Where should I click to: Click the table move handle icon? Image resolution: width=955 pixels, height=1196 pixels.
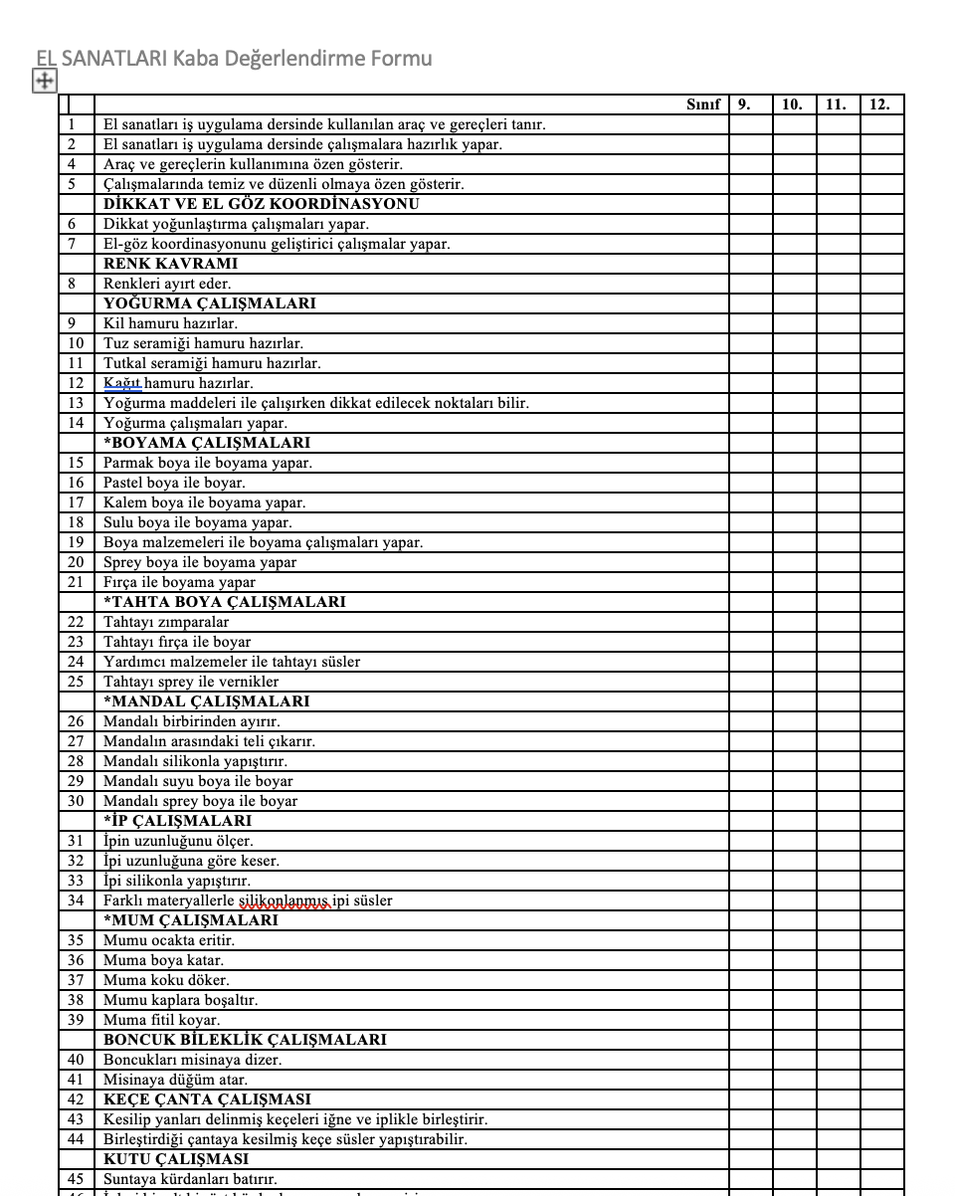coord(45,82)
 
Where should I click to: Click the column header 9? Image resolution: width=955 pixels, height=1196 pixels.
coord(744,104)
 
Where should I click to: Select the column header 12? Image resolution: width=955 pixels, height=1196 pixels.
coord(879,104)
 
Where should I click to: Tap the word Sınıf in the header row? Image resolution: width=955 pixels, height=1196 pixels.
coord(702,104)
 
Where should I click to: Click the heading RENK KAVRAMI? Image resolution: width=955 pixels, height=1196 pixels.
coord(170,264)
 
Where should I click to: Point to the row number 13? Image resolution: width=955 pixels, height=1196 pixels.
coord(76,403)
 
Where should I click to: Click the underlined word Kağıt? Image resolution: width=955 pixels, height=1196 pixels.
coord(122,383)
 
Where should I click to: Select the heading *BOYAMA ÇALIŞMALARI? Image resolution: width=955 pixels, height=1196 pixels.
coord(206,443)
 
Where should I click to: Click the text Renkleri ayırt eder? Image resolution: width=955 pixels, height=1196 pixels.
coord(167,284)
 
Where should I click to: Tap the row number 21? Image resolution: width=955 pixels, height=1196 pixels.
coord(76,582)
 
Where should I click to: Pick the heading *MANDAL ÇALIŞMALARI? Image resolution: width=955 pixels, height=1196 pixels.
coord(206,701)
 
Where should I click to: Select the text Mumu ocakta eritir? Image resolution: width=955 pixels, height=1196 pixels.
coord(169,940)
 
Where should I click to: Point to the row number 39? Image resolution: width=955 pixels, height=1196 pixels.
coord(76,1020)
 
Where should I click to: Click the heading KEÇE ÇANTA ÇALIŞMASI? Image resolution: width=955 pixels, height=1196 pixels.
coord(207,1099)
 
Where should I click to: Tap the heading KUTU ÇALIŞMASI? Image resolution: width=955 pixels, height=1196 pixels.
coord(176,1159)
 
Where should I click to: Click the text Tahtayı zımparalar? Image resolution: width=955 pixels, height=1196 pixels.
coord(166,622)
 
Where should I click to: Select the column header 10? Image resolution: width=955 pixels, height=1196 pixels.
coord(792,104)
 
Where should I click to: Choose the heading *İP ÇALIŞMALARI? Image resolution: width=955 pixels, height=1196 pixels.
coord(177,821)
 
